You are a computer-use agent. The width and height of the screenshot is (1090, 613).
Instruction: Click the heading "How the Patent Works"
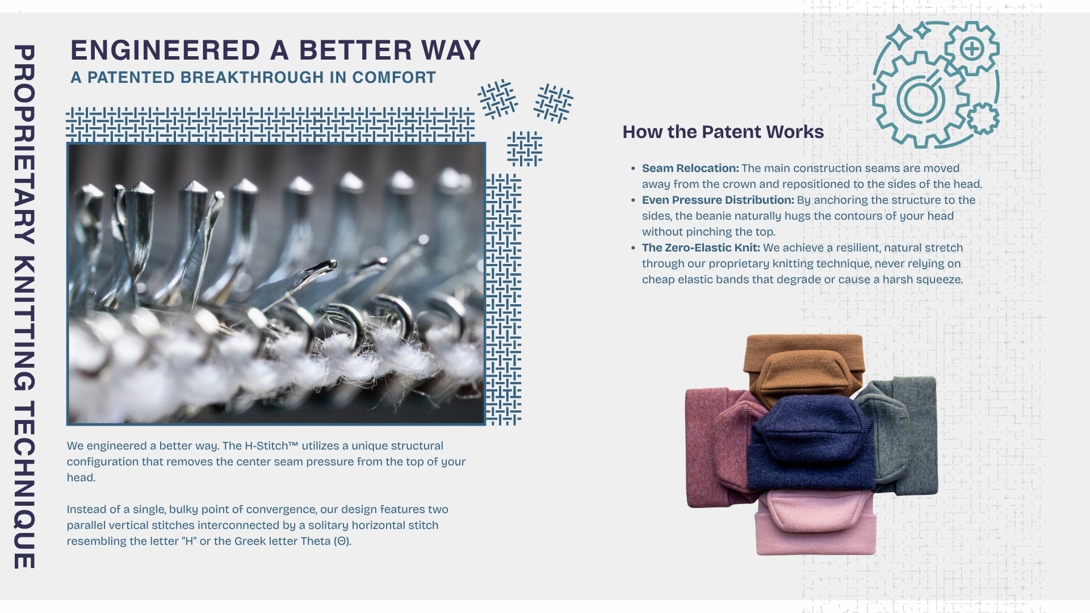tap(723, 132)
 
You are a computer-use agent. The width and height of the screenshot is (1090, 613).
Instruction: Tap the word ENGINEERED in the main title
tap(165, 50)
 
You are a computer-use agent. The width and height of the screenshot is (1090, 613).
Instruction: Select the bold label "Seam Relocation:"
tap(690, 168)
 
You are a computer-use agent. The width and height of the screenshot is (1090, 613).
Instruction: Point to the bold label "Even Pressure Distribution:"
tap(718, 200)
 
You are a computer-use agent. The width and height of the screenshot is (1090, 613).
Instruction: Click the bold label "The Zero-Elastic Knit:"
tap(701, 247)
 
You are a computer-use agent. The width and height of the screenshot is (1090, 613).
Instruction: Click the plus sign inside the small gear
tap(972, 49)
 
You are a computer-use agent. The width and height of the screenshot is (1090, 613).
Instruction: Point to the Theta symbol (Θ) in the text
tap(341, 541)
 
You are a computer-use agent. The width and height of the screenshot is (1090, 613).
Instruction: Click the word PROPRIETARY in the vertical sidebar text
tap(24, 145)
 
